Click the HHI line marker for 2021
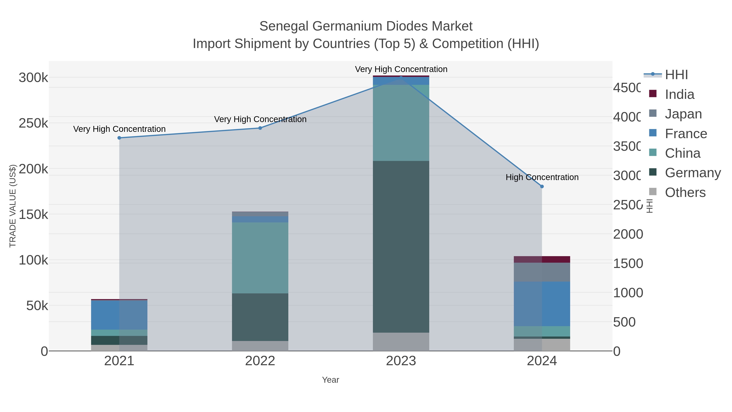tap(119, 138)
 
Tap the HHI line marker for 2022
tap(260, 128)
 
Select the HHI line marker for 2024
tap(542, 187)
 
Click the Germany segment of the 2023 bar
tap(401, 247)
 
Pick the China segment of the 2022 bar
tap(260, 258)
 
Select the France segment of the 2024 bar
tap(542, 304)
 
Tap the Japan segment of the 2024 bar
tap(542, 272)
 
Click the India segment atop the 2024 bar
tap(542, 259)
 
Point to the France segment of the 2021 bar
tap(119, 315)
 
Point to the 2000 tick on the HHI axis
tap(628, 234)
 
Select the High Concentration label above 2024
tap(542, 177)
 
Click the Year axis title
tap(330, 380)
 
